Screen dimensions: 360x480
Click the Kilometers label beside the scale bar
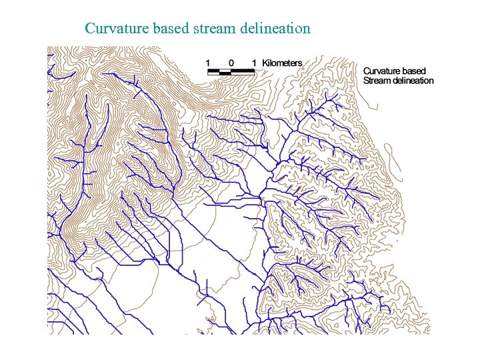282,63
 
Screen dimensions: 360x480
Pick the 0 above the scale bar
231,63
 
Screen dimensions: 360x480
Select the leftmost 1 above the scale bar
208,63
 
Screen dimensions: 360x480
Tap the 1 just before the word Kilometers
254,63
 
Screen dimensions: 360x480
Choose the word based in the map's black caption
415,71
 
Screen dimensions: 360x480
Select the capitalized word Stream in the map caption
377,81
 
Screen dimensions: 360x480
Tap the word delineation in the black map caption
414,81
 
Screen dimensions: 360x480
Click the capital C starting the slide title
90,29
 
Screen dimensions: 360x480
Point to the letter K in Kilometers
265,63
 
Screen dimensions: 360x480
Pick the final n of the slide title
307,29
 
